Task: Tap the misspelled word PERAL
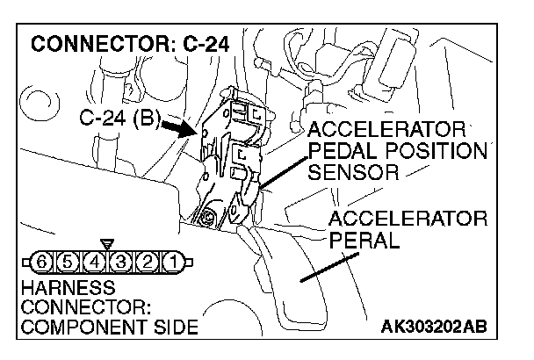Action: click(x=361, y=239)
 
